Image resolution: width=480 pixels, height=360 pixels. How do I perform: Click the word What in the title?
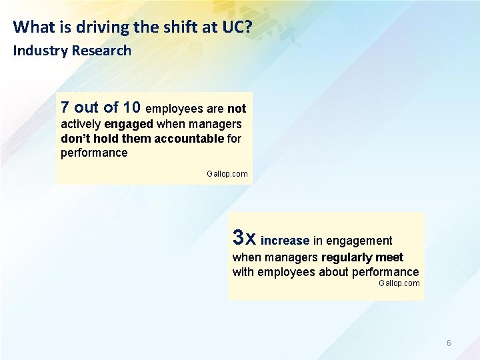pyautogui.click(x=31, y=27)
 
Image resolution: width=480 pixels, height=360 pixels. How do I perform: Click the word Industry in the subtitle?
pyautogui.click(x=41, y=51)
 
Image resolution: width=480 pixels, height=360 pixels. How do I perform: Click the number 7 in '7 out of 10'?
pyautogui.click(x=65, y=107)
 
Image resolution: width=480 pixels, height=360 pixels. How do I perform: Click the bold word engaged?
pyautogui.click(x=129, y=125)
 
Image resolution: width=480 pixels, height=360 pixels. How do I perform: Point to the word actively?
pyautogui.click(x=81, y=125)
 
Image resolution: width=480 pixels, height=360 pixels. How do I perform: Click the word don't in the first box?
pyautogui.click(x=75, y=139)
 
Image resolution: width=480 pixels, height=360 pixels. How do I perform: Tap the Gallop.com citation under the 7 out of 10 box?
pyautogui.click(x=227, y=174)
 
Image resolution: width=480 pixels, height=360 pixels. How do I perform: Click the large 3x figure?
pyautogui.click(x=243, y=237)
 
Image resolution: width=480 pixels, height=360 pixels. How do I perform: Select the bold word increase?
pyautogui.click(x=285, y=241)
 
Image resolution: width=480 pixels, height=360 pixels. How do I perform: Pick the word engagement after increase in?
pyautogui.click(x=359, y=241)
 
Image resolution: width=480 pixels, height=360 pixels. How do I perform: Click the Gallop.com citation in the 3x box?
pyautogui.click(x=399, y=283)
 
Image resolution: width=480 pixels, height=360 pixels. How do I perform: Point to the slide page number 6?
pyautogui.click(x=449, y=343)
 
